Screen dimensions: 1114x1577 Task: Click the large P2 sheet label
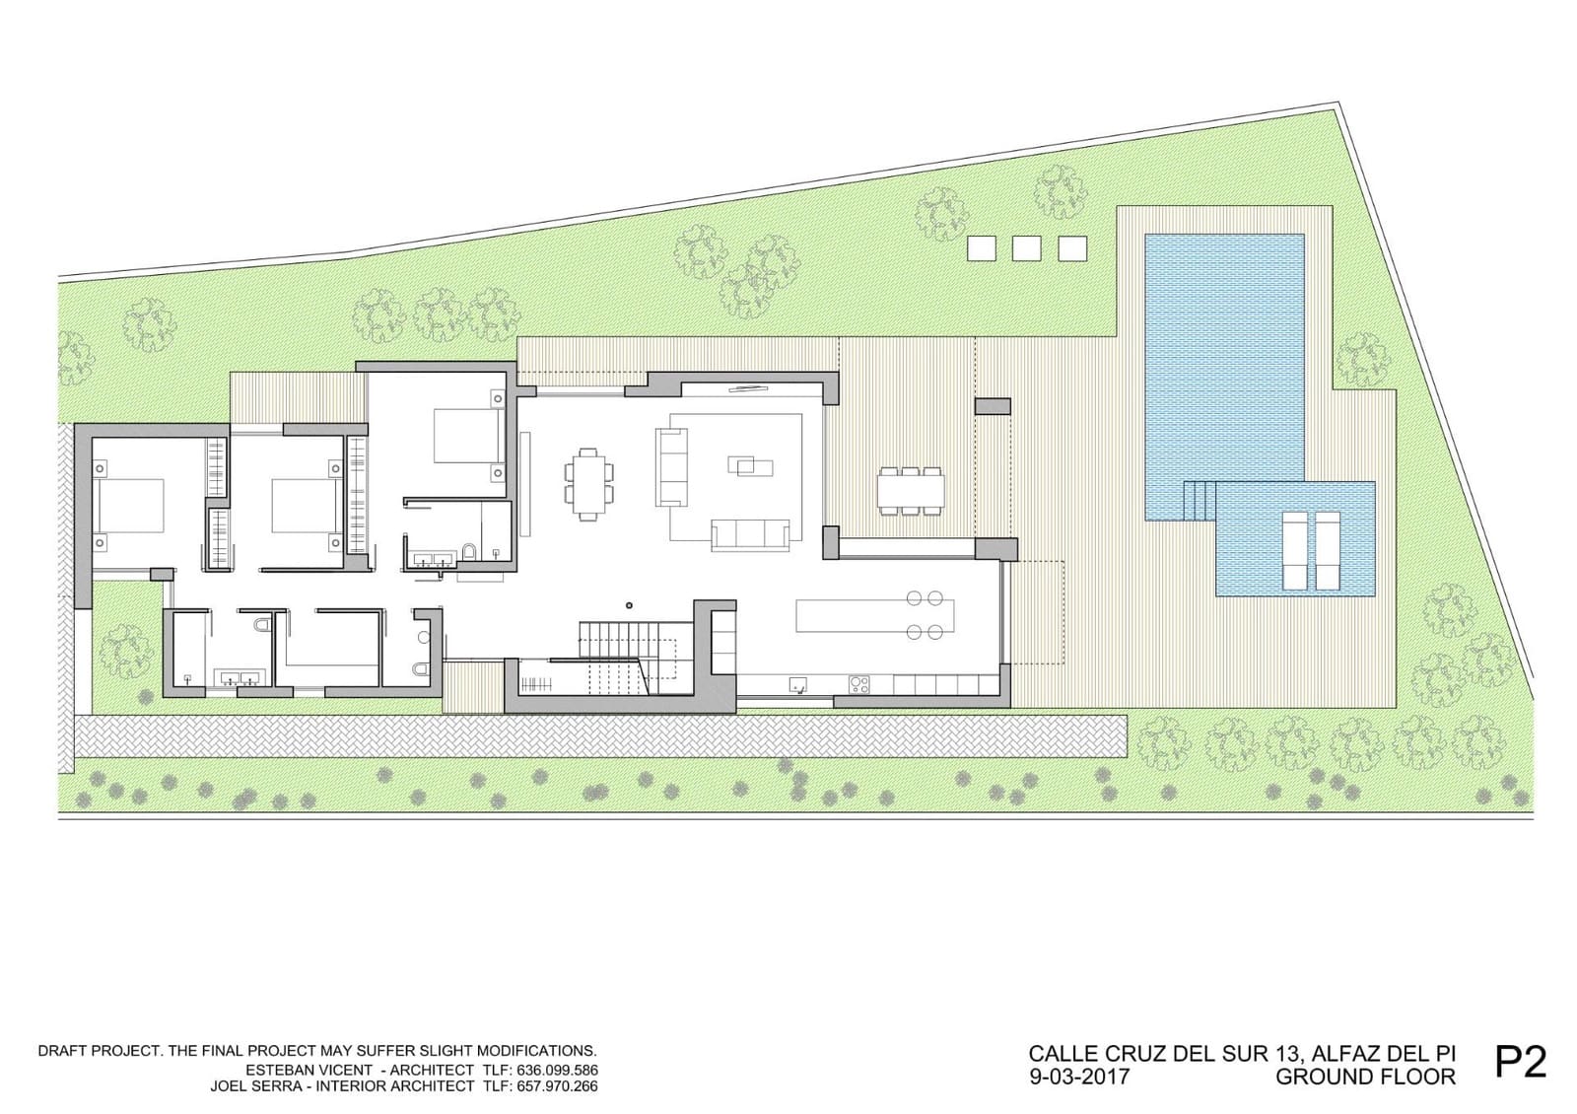coord(1520,1061)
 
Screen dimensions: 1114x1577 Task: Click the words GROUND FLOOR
coord(1365,1077)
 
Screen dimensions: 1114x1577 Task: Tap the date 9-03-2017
coord(1078,1077)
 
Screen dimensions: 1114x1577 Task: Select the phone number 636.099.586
coord(556,1070)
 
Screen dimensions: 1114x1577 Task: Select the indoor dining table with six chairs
coord(588,483)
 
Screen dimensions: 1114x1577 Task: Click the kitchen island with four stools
coord(875,616)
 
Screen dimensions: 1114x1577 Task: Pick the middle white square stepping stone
coord(1027,248)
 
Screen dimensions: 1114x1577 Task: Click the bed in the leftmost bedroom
coord(129,505)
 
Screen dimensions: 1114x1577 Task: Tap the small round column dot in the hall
coord(629,605)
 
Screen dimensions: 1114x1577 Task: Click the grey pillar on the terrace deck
coord(993,406)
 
